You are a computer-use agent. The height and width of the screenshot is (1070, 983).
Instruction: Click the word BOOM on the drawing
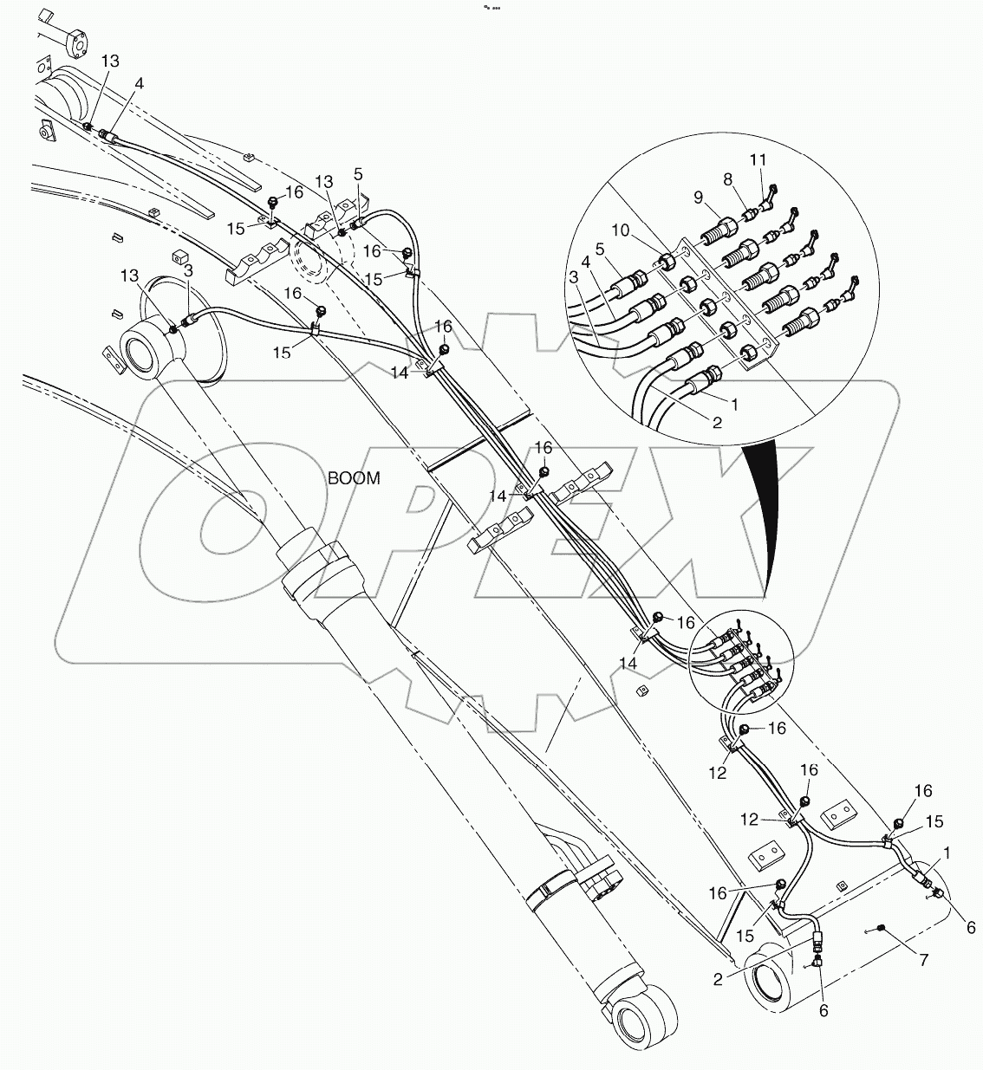tap(354, 478)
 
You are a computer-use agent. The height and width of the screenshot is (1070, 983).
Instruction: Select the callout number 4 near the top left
tap(140, 85)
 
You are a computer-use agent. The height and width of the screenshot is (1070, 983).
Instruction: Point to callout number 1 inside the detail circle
tap(735, 405)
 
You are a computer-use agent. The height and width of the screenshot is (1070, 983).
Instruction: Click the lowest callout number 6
tap(824, 1011)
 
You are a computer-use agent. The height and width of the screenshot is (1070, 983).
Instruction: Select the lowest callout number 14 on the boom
tap(628, 663)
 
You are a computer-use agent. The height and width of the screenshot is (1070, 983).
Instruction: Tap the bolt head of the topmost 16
tap(272, 202)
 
